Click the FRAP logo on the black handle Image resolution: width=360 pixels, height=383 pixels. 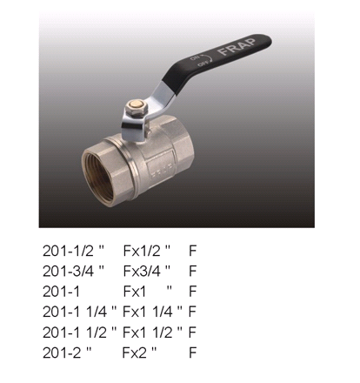point(237,46)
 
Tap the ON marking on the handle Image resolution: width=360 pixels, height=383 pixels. point(194,58)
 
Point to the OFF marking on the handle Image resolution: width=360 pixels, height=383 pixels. point(203,64)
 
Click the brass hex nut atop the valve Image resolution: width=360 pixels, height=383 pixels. point(137,107)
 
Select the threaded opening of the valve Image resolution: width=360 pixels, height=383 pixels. point(97,176)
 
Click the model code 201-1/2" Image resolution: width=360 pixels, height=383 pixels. point(73,251)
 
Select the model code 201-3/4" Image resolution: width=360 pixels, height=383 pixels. point(73,271)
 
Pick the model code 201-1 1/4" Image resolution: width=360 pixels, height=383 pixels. point(79,312)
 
